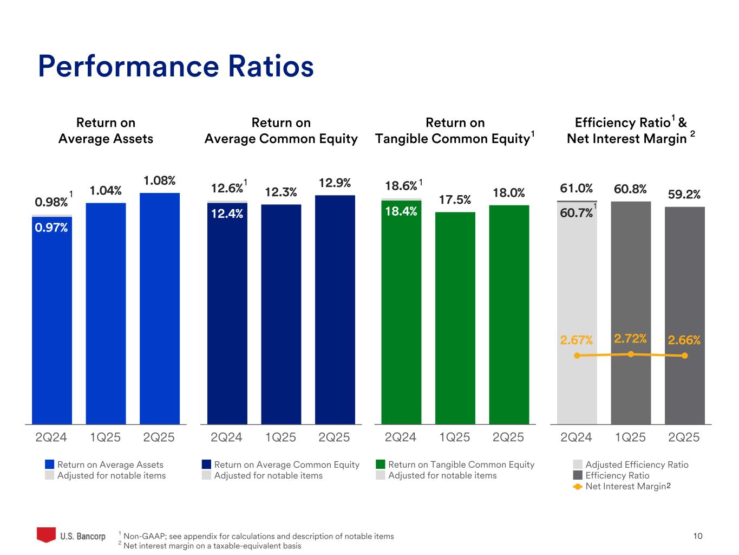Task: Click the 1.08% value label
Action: click(159, 180)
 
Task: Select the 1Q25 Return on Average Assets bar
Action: click(106, 313)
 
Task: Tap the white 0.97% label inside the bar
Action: click(51, 228)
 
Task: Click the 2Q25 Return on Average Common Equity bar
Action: click(335, 309)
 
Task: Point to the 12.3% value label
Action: click(281, 192)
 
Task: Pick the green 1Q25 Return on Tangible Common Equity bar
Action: click(455, 318)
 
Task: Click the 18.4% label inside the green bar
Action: click(401, 211)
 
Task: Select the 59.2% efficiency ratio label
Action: click(684, 194)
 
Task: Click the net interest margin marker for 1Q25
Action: click(631, 354)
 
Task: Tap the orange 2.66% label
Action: click(684, 340)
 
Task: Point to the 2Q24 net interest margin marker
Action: click(577, 356)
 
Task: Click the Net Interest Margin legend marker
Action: click(578, 487)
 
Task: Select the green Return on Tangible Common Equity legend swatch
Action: click(381, 464)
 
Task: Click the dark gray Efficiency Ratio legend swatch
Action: click(578, 475)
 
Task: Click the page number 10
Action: click(698, 536)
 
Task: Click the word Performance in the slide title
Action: click(129, 66)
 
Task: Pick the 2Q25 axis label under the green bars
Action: click(508, 437)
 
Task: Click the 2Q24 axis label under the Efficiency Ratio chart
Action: click(576, 437)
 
